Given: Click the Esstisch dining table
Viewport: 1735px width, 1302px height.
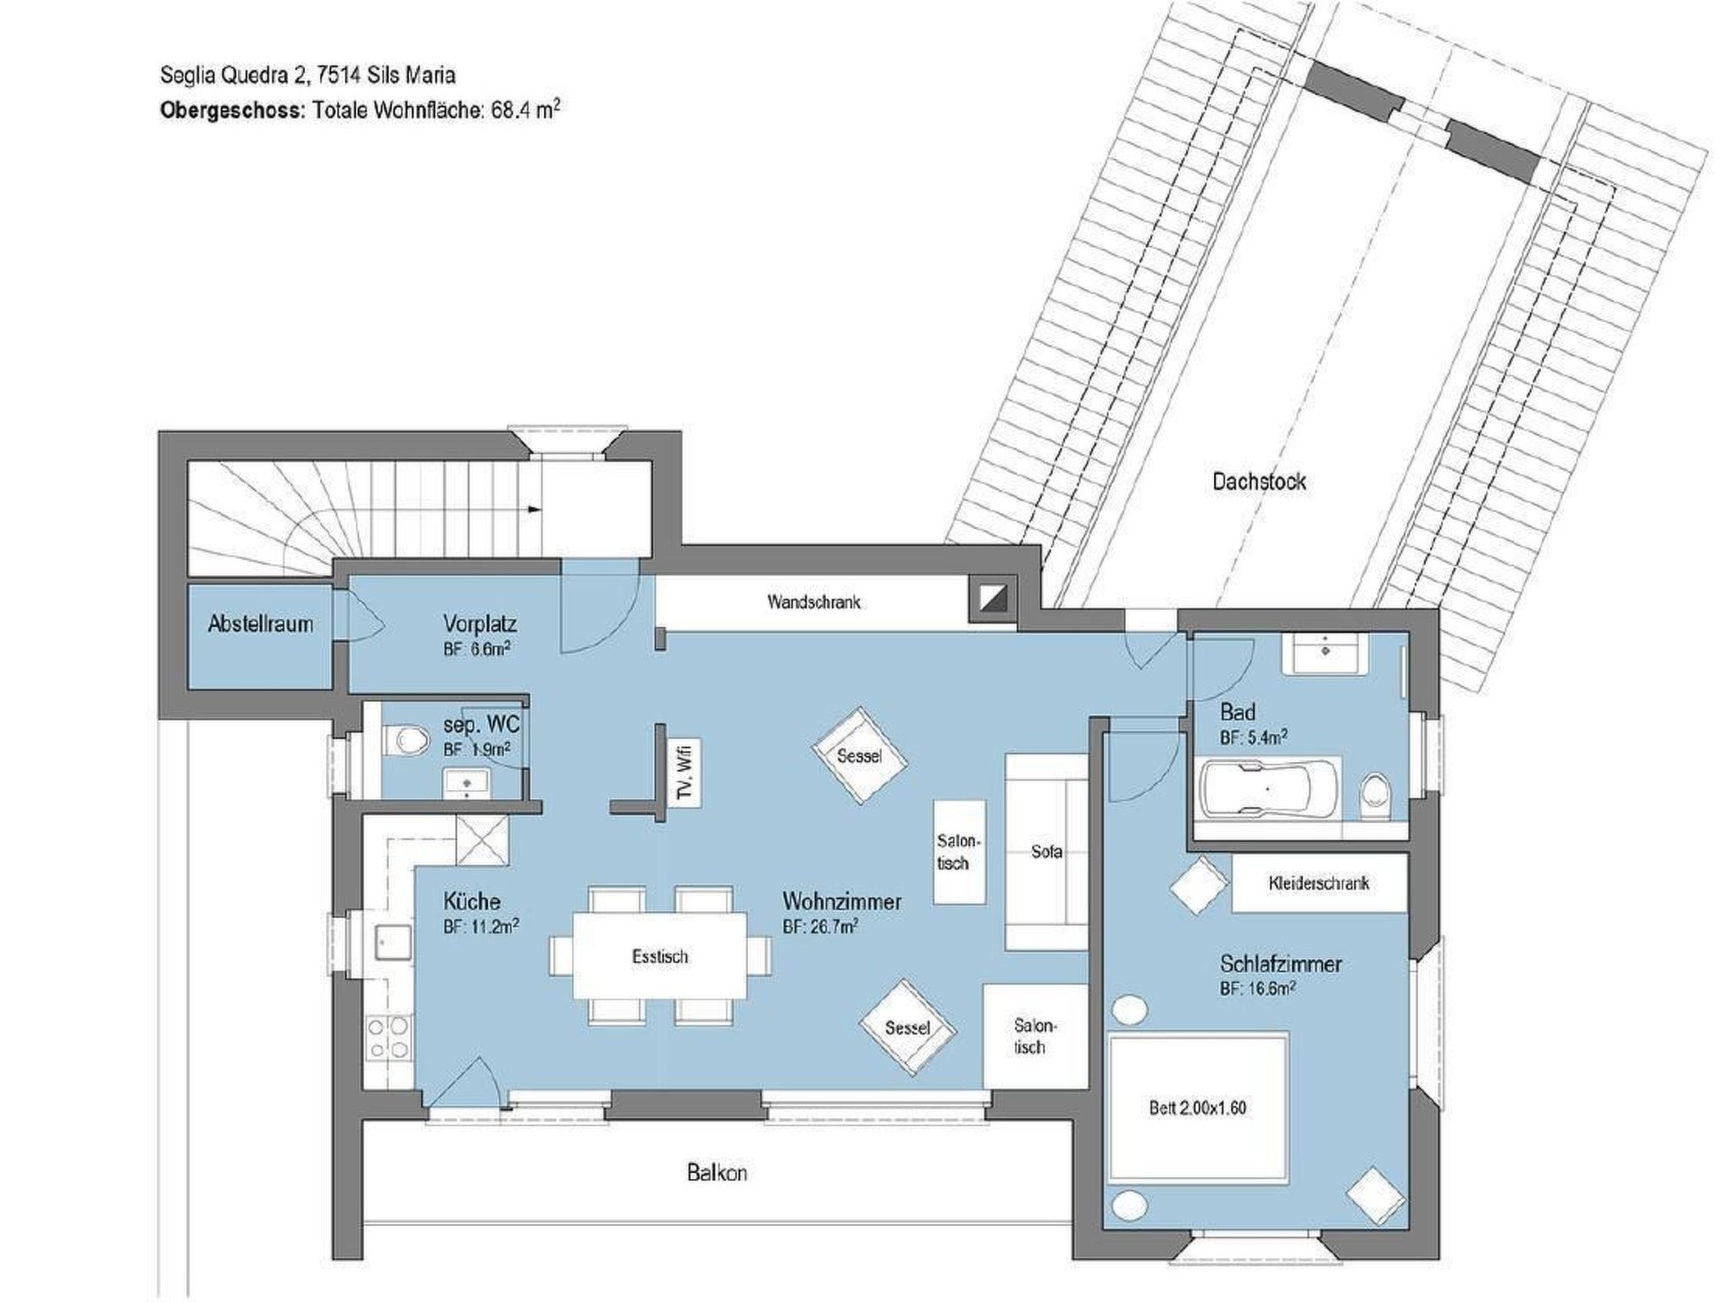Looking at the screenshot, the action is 660,955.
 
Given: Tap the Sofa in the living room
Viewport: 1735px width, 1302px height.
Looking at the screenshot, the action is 1046,851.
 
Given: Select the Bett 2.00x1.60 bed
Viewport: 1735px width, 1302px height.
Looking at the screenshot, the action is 1198,1107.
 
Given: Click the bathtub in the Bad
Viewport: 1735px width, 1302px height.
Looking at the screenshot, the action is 1267,789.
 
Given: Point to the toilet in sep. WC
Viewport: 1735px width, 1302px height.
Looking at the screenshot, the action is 406,741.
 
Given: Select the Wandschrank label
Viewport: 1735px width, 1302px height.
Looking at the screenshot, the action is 813,602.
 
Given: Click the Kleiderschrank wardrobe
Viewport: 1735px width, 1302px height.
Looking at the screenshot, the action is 1319,882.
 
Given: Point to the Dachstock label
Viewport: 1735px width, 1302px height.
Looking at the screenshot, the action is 1259,481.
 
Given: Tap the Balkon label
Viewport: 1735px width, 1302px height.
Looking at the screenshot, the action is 717,1173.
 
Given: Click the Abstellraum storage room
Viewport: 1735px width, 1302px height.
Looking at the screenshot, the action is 259,635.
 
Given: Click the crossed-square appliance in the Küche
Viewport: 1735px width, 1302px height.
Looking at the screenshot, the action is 483,840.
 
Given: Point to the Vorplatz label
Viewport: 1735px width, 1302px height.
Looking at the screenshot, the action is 479,624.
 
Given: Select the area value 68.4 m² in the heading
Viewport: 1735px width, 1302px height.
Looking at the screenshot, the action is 525,110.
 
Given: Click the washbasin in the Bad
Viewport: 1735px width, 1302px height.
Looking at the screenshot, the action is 1323,653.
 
